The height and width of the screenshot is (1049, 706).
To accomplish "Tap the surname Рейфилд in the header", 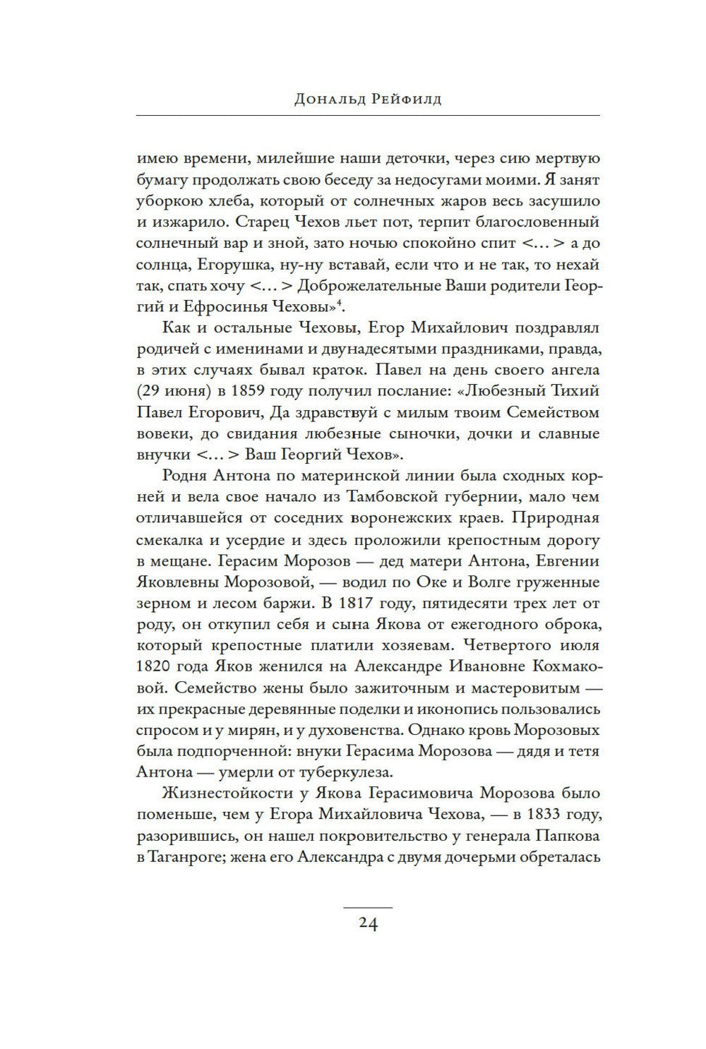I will click(x=405, y=100).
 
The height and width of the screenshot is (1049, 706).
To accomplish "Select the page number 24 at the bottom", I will click(x=367, y=924).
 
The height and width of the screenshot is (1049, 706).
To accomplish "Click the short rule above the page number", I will click(x=367, y=905).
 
